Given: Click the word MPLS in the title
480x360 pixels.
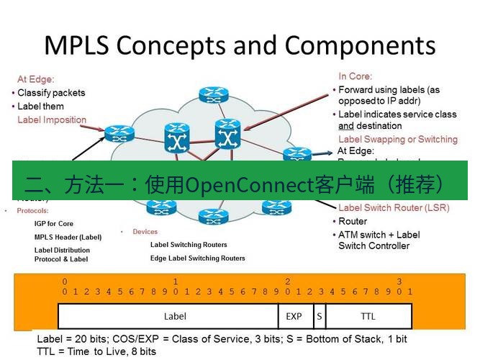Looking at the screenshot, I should [x=76, y=45].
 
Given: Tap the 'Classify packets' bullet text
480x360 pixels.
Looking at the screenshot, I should [x=51, y=93].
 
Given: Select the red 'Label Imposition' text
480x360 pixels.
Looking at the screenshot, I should [x=52, y=120].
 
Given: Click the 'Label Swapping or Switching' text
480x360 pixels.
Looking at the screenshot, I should [x=397, y=139].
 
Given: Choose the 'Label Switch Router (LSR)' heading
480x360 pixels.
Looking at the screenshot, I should [x=393, y=208].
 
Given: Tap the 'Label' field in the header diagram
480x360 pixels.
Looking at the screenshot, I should [x=175, y=315].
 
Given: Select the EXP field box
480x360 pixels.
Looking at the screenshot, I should [x=294, y=315].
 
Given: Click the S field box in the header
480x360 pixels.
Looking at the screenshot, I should [x=318, y=315].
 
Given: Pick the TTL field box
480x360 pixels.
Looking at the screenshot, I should [x=368, y=315].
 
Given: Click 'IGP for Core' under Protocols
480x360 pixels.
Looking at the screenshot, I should [x=54, y=224].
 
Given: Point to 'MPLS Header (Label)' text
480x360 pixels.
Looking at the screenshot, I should [x=68, y=237].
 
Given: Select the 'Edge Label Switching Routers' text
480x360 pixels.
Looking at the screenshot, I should [x=197, y=258].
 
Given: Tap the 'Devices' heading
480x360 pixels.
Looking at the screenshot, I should [x=145, y=232].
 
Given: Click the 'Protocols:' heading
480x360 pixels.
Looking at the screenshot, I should [x=32, y=211].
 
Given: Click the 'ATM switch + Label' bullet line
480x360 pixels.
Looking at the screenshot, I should [x=379, y=235].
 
